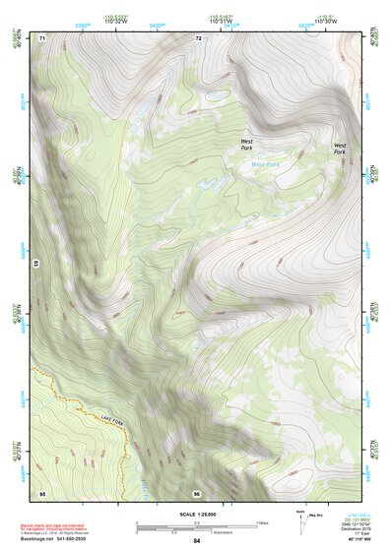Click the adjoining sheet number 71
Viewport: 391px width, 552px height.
[x=42, y=37]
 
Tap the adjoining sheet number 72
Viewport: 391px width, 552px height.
[x=198, y=37]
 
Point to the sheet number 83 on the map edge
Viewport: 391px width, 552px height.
[x=36, y=265]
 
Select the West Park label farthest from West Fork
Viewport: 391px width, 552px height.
[x=339, y=149]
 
